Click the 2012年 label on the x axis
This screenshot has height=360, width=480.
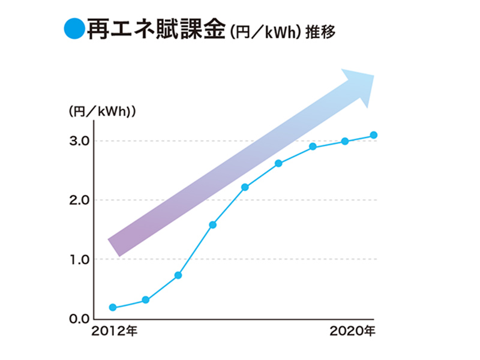click(x=115, y=331)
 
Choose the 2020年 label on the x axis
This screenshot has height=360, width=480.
click(x=353, y=331)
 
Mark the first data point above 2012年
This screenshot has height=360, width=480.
click(x=113, y=307)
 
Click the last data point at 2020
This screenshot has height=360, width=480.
click(x=373, y=135)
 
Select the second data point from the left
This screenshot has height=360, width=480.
click(x=146, y=300)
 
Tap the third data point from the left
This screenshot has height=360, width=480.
click(x=178, y=275)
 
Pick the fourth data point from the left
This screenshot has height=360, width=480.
click(x=212, y=225)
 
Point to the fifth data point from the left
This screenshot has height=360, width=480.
click(x=245, y=187)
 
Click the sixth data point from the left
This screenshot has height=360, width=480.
click(x=278, y=163)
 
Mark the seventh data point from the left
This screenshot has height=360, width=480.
click(x=313, y=146)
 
